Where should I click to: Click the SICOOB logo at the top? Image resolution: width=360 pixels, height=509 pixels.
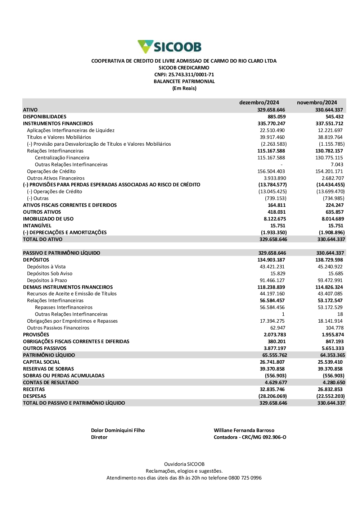170,47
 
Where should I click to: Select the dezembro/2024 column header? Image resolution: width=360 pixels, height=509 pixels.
259,103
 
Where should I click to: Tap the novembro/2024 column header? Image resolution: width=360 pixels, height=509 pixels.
317,103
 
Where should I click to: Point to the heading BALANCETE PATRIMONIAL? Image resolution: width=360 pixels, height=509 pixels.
184,81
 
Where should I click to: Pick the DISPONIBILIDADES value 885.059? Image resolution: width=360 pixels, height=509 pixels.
276,117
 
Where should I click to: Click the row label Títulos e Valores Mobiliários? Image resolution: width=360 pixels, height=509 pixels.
59,137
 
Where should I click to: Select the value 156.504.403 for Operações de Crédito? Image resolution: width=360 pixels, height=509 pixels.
271,171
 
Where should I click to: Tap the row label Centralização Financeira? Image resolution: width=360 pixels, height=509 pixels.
62,158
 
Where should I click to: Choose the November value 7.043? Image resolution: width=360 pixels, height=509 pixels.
337,164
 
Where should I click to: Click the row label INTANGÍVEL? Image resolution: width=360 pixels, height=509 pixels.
37,226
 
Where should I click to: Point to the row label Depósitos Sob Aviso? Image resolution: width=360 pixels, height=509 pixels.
50,273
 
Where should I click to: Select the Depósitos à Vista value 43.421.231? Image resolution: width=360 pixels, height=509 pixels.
272,267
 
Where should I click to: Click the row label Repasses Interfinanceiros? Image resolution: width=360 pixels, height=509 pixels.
64,307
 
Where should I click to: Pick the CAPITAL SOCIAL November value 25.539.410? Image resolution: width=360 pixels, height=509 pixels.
330,362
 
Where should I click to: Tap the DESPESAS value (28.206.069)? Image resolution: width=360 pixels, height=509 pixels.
273,396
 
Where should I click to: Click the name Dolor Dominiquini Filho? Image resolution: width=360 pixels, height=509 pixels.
118,430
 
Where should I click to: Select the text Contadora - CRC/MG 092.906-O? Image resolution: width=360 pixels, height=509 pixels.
250,437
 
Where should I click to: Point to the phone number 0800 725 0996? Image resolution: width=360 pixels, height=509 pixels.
245,478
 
